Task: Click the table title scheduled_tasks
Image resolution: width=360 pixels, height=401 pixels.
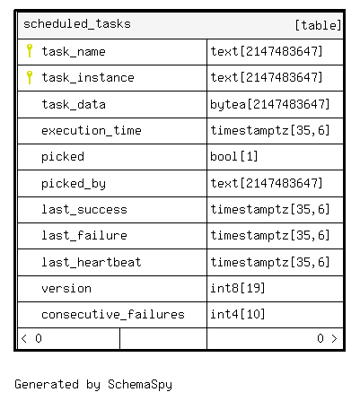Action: pyautogui.click(x=77, y=24)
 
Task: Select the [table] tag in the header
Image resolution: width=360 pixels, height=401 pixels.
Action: pyautogui.click(x=318, y=25)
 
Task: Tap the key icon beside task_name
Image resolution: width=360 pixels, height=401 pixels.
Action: pyautogui.click(x=30, y=50)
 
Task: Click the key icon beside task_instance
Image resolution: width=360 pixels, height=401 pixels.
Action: pyautogui.click(x=30, y=77)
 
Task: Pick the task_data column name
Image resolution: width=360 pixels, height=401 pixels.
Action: pyautogui.click(x=74, y=104)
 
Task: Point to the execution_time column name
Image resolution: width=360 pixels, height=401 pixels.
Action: pyautogui.click(x=92, y=130)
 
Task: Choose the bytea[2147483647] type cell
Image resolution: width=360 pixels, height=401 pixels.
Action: pyautogui.click(x=270, y=104)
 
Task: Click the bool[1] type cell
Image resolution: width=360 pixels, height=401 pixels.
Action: pyautogui.click(x=234, y=156)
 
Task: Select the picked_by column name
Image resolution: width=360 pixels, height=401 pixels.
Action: pyautogui.click(x=74, y=184)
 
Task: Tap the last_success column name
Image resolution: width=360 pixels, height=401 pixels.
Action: pyautogui.click(x=84, y=209)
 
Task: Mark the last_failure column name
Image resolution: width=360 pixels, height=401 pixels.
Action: pyautogui.click(x=84, y=235)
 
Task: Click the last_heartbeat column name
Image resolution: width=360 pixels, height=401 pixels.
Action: pyautogui.click(x=92, y=262)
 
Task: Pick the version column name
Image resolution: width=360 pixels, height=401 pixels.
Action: pyautogui.click(x=66, y=288)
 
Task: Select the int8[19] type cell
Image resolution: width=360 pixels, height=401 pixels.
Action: pyautogui.click(x=238, y=288)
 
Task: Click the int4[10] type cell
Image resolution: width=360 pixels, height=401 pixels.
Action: pyautogui.click(x=238, y=314)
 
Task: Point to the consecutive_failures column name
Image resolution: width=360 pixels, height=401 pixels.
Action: pyautogui.click(x=113, y=314)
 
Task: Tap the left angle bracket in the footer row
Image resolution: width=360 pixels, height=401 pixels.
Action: pyautogui.click(x=24, y=338)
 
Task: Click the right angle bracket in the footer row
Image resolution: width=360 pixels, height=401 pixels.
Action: pyautogui.click(x=334, y=338)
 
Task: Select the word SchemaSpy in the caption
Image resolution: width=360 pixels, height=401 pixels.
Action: pyautogui.click(x=140, y=385)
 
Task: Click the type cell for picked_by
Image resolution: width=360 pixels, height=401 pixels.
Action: pyautogui.click(x=267, y=183)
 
